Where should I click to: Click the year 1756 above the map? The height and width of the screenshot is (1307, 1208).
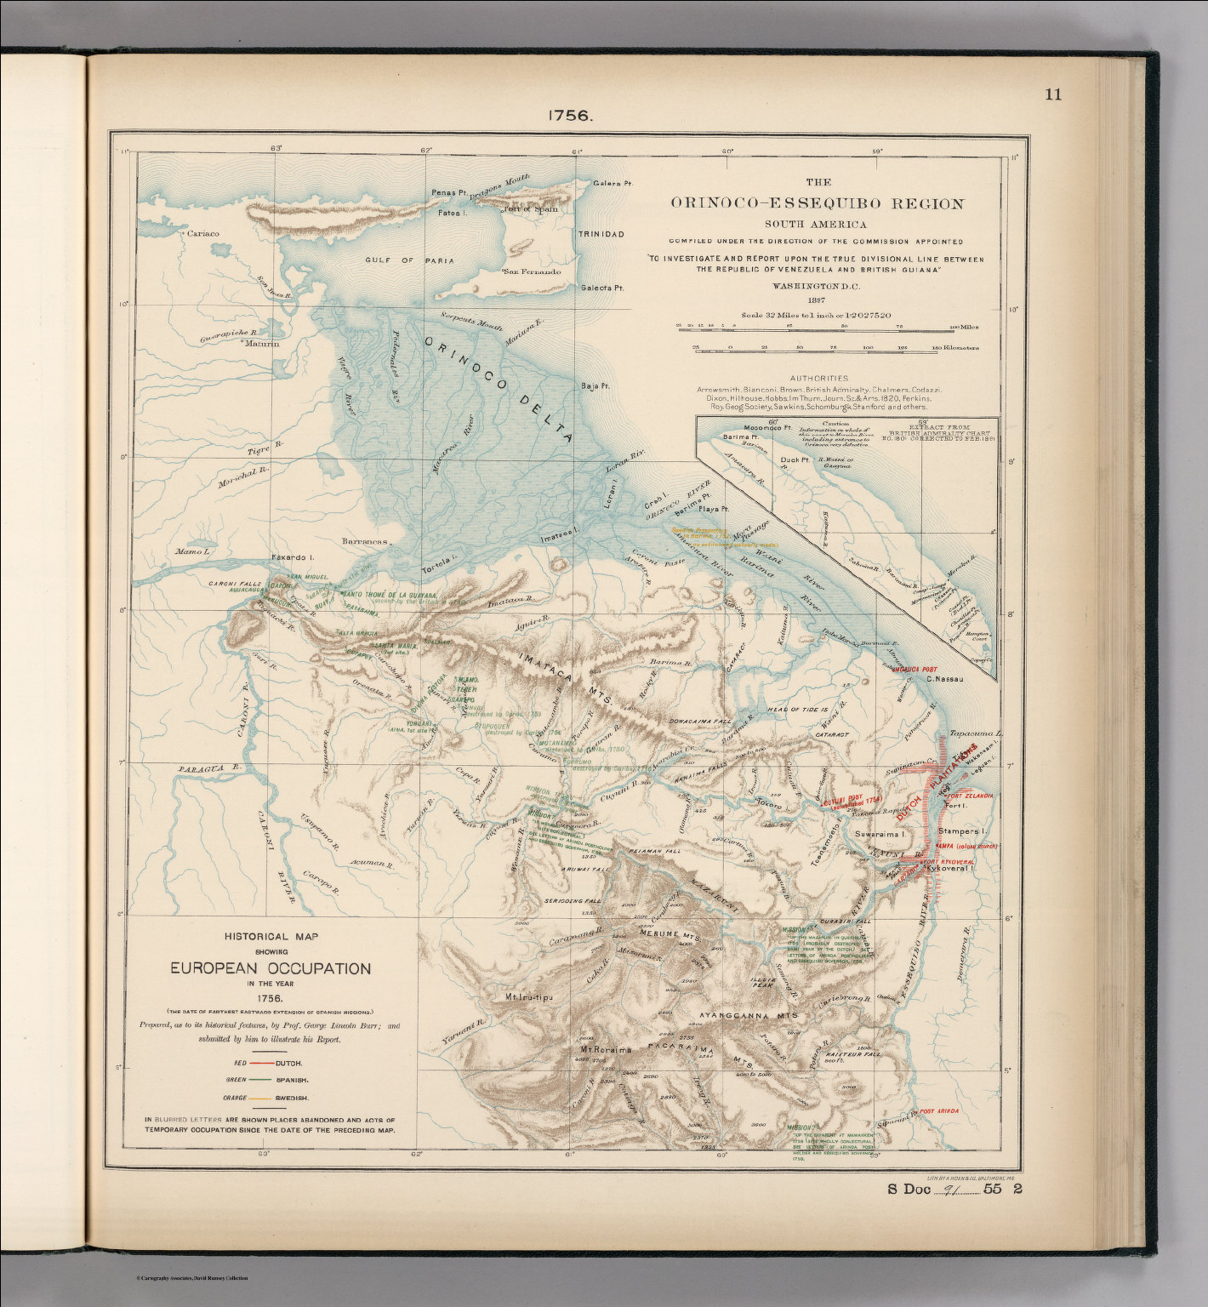[569, 116]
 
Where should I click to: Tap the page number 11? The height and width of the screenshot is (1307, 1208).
[1053, 94]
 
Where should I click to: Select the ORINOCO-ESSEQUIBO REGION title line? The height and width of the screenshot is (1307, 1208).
[817, 204]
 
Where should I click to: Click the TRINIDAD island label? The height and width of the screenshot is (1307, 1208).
[601, 234]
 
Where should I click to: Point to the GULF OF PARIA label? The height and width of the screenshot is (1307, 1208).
[409, 260]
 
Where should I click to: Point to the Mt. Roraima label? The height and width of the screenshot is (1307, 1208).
[606, 1049]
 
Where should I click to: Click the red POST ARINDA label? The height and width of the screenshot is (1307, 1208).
[938, 1111]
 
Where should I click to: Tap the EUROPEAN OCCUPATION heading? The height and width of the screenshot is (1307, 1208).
[270, 968]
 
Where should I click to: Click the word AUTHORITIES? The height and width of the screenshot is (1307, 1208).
[818, 378]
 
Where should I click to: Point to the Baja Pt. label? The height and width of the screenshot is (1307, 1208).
[595, 386]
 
